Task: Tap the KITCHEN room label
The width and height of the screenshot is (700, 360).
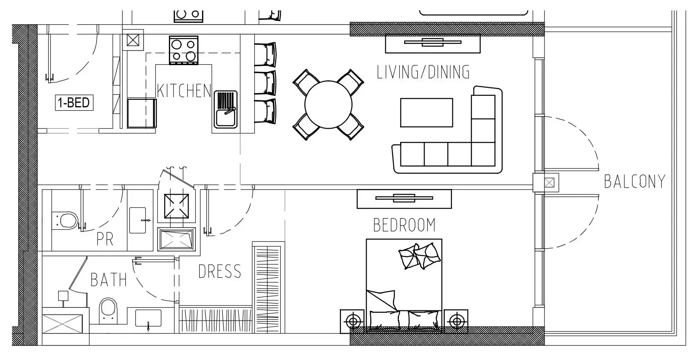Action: [x=184, y=91]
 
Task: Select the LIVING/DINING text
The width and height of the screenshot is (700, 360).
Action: [x=423, y=72]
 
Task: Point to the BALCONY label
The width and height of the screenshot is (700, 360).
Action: [x=635, y=181]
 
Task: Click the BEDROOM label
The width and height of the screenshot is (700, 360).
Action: [x=404, y=225]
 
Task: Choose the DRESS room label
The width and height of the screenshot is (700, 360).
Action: [x=220, y=272]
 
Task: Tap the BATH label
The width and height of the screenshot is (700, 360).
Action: [x=109, y=280]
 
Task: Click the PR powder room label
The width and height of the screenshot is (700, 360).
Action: [x=105, y=239]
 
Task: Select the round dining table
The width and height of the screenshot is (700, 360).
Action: [x=329, y=105]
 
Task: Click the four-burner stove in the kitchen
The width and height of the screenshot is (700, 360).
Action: [x=184, y=50]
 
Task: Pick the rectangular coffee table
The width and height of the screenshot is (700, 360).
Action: [x=426, y=113]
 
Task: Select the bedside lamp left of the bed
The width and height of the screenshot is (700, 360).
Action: [x=352, y=321]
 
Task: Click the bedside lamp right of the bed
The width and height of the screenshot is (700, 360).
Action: [x=456, y=321]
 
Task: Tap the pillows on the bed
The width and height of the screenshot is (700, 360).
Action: [x=420, y=256]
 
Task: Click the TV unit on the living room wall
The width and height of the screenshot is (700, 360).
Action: [x=432, y=44]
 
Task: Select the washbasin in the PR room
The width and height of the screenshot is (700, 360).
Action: [x=140, y=220]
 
